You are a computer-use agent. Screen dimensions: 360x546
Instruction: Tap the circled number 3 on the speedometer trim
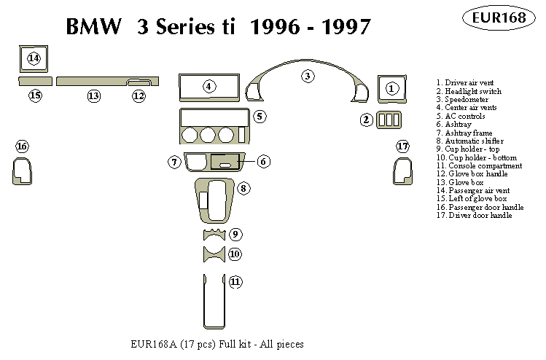[308, 75]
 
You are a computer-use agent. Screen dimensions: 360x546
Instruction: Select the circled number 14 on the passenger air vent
[34, 58]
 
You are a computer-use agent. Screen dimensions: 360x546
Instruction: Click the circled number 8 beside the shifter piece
[244, 189]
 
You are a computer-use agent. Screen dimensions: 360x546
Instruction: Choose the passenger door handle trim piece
[21, 172]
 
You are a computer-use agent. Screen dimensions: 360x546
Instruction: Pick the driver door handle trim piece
[402, 172]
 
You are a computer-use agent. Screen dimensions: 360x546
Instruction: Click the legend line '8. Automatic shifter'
[469, 141]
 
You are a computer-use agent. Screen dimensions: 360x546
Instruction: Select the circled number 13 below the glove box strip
[93, 95]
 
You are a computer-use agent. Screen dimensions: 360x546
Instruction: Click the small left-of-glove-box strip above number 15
[34, 80]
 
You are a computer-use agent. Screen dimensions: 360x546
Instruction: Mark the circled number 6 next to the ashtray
[264, 161]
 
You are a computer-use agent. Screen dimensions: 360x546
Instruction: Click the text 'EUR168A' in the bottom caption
[149, 344]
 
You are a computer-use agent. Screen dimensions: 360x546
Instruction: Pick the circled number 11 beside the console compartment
[235, 281]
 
